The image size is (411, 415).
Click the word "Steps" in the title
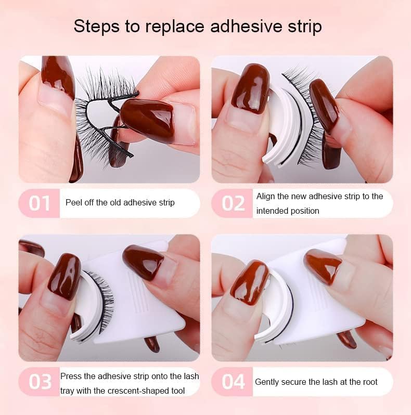97,27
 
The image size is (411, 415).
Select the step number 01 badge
39,203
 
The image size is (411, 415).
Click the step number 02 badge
233,203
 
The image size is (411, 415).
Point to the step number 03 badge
39,382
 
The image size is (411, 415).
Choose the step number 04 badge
233,382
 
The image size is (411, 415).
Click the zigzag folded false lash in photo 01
106,116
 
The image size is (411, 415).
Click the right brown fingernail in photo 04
323,266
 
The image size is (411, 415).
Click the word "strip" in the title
305,27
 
